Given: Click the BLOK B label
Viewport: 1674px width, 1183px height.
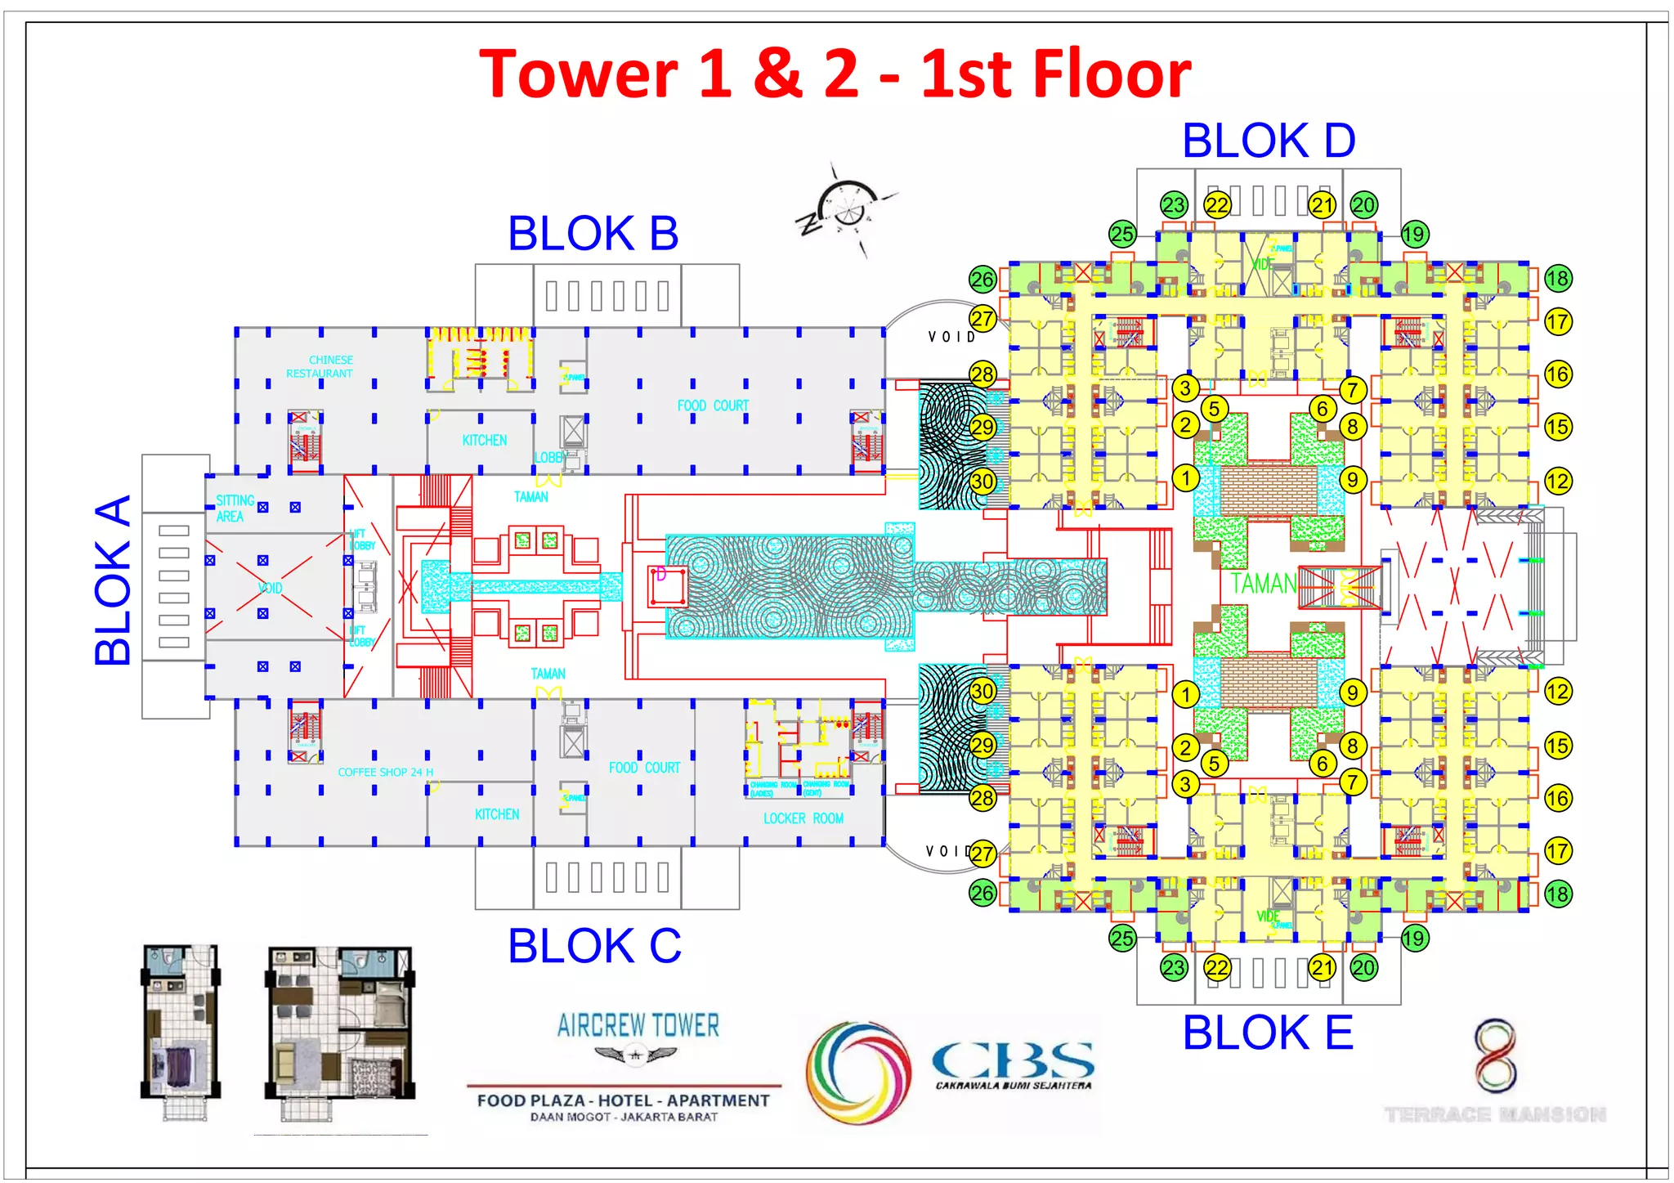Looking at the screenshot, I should click(593, 234).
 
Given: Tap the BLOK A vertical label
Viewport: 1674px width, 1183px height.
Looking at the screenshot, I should click(113, 580).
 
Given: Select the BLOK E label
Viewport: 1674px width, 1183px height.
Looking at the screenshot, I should click(1268, 1033).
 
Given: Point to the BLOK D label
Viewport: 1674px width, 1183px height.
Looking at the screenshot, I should click(1269, 141).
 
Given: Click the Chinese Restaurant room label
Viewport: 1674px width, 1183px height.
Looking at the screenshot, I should click(320, 366).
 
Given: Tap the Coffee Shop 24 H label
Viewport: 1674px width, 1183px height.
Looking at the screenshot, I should click(386, 772).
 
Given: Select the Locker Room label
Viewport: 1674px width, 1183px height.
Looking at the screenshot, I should click(803, 818).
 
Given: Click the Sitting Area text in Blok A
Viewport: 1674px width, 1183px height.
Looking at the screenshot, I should click(234, 508).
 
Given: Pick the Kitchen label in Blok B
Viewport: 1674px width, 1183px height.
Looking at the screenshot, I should click(484, 440).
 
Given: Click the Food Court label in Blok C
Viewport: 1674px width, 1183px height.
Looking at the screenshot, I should click(644, 768).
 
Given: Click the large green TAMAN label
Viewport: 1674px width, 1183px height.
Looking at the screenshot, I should click(1263, 584).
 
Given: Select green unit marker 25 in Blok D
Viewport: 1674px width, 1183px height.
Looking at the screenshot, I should click(1122, 234).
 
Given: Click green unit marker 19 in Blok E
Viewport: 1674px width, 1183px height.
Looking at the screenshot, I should click(1414, 938).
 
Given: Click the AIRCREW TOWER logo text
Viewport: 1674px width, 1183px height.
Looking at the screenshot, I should click(638, 1025).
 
